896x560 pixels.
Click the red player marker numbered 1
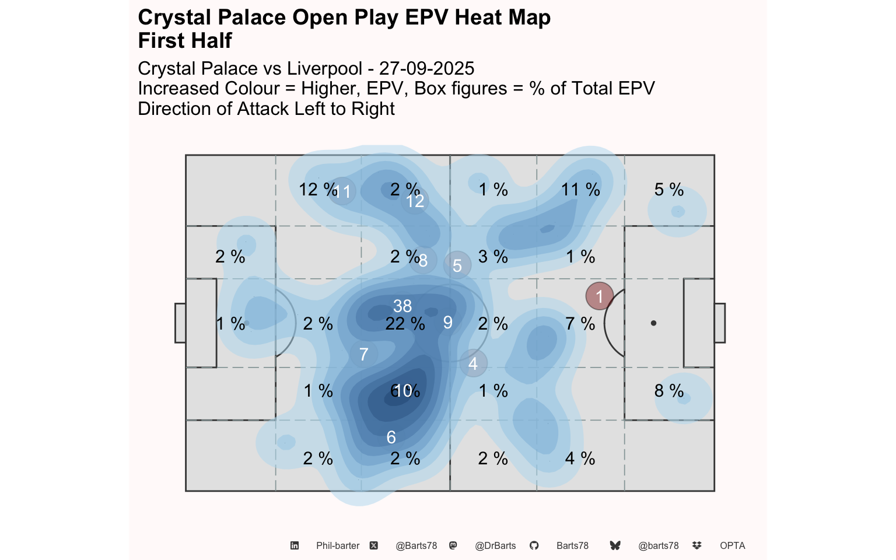click(x=599, y=296)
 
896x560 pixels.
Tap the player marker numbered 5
click(x=457, y=265)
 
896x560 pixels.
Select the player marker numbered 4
click(x=473, y=363)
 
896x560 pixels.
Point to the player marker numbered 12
click(x=415, y=201)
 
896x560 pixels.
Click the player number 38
click(x=402, y=306)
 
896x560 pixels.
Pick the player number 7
click(x=363, y=354)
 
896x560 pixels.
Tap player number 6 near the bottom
click(x=391, y=437)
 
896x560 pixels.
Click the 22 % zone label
click(x=405, y=324)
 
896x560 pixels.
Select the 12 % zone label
click(x=317, y=190)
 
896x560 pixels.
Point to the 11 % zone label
click(x=580, y=190)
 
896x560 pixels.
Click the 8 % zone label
click(x=668, y=391)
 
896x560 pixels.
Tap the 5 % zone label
click(x=668, y=190)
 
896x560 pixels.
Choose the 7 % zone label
click(x=580, y=324)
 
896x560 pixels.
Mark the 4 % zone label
click(x=580, y=459)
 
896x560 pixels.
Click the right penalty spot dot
click(x=653, y=323)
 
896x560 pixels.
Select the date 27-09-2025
click(x=426, y=69)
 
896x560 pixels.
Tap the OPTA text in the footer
click(x=732, y=546)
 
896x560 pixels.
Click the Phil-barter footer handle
click(x=338, y=546)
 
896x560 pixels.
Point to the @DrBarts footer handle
click(x=495, y=546)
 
